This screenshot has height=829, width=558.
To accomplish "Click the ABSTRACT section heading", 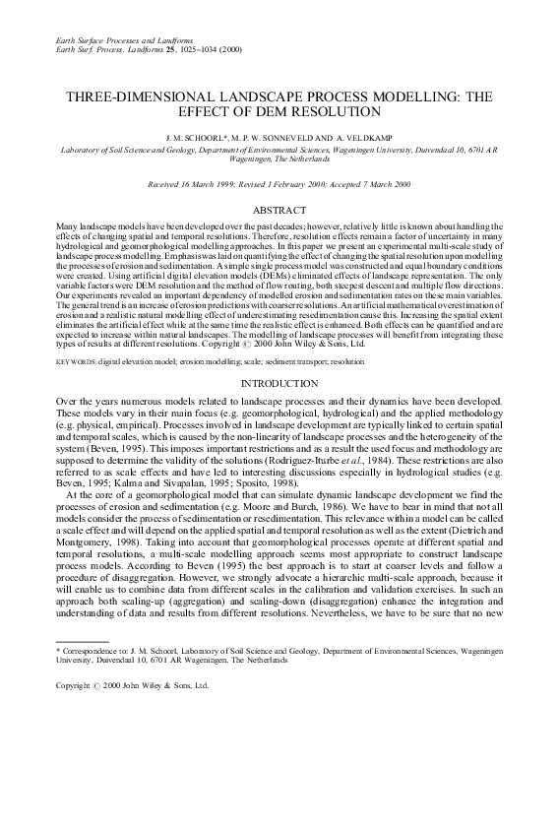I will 279,211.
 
